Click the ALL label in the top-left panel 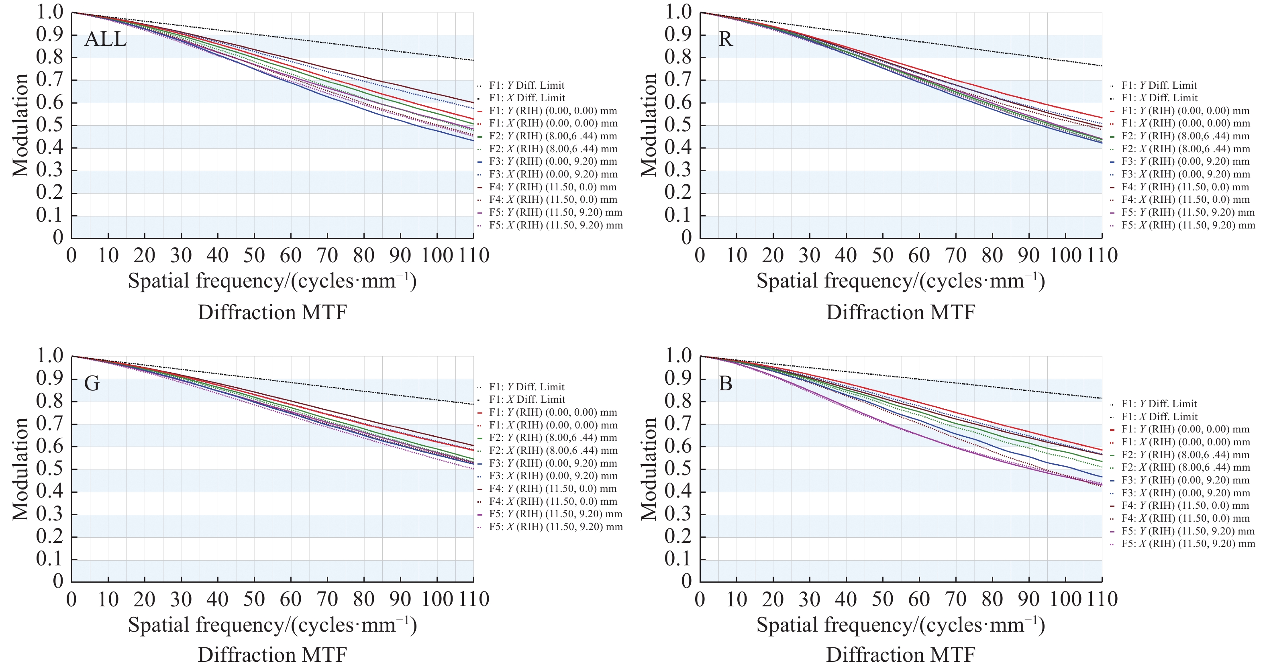pyautogui.click(x=105, y=39)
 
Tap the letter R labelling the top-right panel pyautogui.click(x=725, y=39)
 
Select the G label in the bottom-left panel pyautogui.click(x=92, y=383)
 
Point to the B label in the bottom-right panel pyautogui.click(x=725, y=383)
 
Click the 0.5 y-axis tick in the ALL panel pyautogui.click(x=51, y=125)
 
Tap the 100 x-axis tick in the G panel pyautogui.click(x=437, y=599)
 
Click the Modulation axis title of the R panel pyautogui.click(x=649, y=125)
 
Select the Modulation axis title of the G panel pyautogui.click(x=20, y=469)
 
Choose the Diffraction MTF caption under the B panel pyautogui.click(x=901, y=655)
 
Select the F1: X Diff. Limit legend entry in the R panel pyautogui.click(x=1159, y=98)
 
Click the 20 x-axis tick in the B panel pyautogui.click(x=773, y=599)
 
